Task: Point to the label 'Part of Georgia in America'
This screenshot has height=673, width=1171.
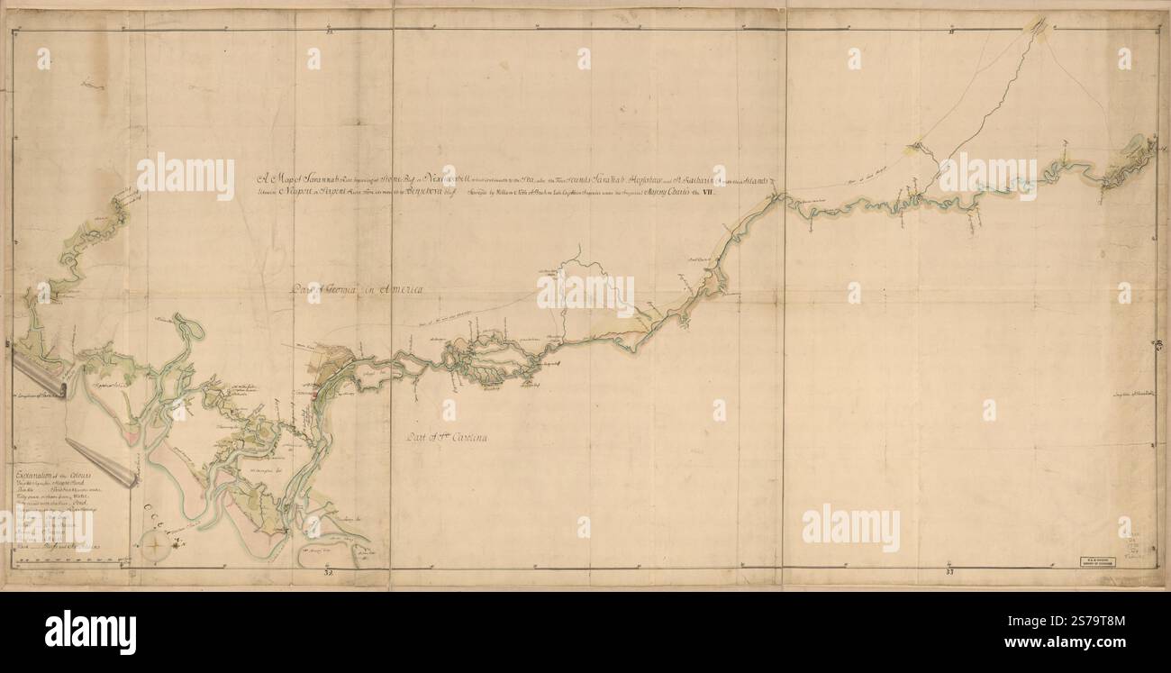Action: click(357, 289)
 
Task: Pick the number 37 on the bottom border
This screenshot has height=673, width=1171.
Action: click(950, 571)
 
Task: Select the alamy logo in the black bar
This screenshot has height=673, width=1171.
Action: click(90, 631)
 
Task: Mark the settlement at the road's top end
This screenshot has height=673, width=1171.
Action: click(1038, 25)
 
